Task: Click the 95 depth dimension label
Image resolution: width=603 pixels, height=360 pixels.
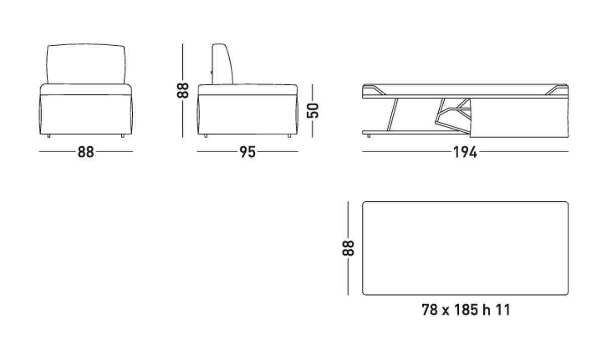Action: [x=248, y=152]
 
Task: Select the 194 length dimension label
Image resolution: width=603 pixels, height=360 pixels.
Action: [x=465, y=152]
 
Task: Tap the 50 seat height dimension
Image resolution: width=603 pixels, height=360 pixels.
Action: [x=313, y=110]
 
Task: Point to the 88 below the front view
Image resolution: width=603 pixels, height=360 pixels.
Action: [x=85, y=152]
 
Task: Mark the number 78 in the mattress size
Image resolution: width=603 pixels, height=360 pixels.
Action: [x=430, y=310]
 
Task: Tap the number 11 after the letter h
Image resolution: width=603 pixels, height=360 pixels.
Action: [x=503, y=310]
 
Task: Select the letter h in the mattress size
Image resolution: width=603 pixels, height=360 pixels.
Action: [x=486, y=310]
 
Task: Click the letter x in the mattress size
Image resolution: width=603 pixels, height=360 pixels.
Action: [x=445, y=311]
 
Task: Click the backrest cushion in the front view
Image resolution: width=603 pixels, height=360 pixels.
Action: [x=86, y=64]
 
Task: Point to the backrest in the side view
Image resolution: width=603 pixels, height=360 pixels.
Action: [x=223, y=64]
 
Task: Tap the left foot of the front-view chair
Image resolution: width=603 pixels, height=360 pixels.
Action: [x=49, y=136]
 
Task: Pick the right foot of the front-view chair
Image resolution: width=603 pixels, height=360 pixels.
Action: [x=123, y=136]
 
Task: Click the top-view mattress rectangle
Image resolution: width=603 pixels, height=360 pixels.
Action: [x=465, y=248]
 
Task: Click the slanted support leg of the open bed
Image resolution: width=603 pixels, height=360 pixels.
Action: [x=392, y=113]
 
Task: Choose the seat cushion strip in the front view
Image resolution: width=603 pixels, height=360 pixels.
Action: [x=86, y=90]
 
